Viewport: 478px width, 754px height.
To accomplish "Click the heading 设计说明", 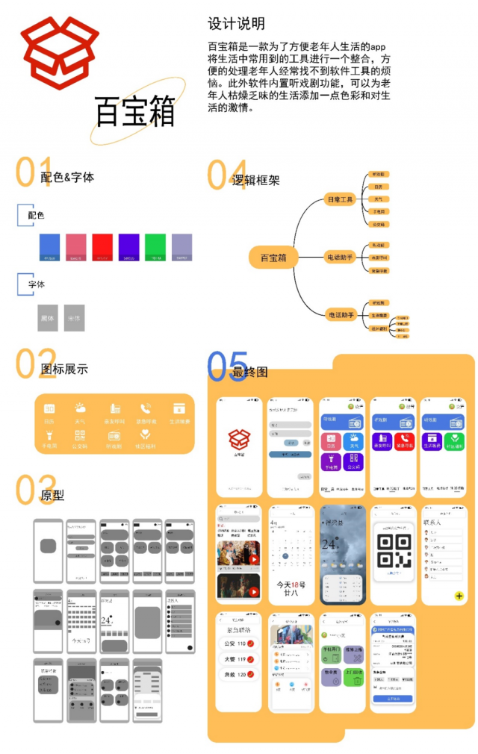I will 236,24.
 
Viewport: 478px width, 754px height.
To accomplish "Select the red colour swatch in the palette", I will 102,246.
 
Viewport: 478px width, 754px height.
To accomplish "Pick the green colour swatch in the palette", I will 155,246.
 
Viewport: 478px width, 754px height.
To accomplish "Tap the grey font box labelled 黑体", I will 48,317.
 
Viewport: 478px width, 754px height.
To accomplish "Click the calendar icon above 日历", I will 49,409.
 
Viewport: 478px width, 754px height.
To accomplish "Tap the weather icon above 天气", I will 79,408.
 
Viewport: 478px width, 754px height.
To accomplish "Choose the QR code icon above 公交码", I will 79,434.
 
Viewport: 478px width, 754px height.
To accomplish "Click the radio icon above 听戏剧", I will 114,434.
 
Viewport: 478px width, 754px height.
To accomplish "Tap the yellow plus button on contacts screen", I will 458,596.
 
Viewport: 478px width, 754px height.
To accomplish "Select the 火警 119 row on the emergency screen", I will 240,660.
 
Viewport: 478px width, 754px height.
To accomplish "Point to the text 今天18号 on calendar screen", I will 291,585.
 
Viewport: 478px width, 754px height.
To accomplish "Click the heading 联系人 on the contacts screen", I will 436,522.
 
